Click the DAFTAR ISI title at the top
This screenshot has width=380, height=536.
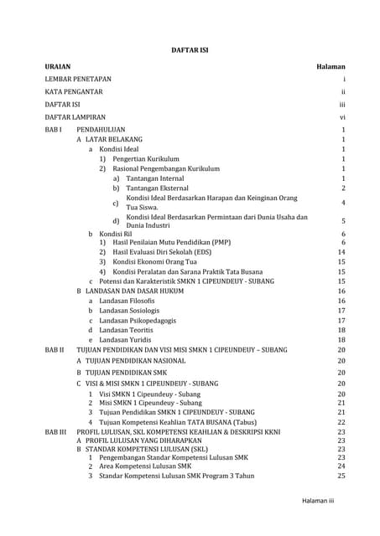190,49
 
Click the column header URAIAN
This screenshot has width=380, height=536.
58,64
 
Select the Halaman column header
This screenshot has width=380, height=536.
331,64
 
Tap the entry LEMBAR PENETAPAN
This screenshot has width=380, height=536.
78,78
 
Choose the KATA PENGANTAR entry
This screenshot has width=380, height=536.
74,91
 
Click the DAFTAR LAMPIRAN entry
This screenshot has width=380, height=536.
78,117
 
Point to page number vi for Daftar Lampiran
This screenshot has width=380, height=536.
342,117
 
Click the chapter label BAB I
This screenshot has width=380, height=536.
54,131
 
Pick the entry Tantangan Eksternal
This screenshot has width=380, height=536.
159,189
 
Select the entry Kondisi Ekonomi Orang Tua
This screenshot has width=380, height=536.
159,261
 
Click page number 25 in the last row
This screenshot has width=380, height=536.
341,476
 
